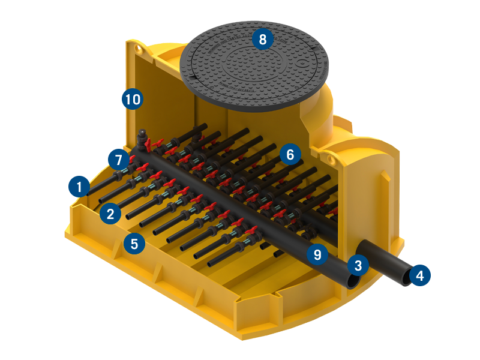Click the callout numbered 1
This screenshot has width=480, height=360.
(x=79, y=187)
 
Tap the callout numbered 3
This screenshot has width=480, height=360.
(x=358, y=265)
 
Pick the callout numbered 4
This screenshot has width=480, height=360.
(x=419, y=276)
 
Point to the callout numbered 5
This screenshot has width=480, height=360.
(x=134, y=244)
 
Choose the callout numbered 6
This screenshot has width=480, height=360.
(x=290, y=155)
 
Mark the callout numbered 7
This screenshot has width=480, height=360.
(x=118, y=160)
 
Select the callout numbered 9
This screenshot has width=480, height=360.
(x=317, y=254)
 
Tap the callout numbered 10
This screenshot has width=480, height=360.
(x=133, y=99)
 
